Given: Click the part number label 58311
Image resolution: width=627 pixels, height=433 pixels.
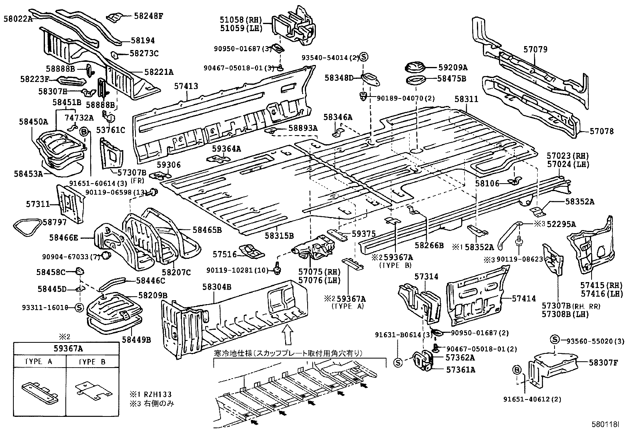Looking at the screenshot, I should [466, 99].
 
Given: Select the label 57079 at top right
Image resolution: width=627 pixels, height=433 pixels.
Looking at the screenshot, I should [535, 49].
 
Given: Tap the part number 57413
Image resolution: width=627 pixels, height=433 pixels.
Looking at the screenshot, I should [186, 86].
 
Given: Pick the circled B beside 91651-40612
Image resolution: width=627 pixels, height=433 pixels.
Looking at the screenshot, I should [517, 370].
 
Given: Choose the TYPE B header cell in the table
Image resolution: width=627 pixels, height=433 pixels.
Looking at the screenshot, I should [92, 362].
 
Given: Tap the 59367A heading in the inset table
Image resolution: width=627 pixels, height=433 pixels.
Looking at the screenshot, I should [66, 348].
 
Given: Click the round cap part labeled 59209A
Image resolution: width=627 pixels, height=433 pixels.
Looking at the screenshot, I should [415, 68].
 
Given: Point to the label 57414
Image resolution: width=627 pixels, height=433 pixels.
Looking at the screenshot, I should [524, 299].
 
